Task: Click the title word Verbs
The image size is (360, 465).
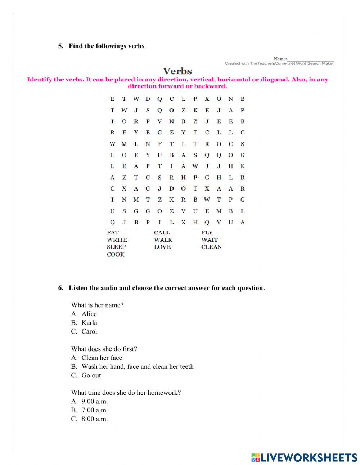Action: click(x=177, y=71)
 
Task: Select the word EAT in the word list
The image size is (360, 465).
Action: click(x=113, y=233)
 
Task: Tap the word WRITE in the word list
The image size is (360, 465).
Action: click(x=117, y=240)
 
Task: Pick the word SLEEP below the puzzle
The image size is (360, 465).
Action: click(x=116, y=247)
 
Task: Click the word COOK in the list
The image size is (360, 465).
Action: click(x=116, y=255)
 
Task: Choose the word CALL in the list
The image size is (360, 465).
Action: click(x=162, y=233)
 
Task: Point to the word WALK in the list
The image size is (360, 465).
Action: click(x=163, y=240)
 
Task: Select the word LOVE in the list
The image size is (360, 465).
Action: click(x=162, y=247)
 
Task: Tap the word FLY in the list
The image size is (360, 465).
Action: click(x=207, y=233)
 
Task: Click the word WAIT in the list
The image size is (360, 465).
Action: click(x=210, y=240)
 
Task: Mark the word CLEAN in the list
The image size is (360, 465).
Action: click(x=211, y=247)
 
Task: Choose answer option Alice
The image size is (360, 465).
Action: click(x=89, y=314)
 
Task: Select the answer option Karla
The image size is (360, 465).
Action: click(x=89, y=323)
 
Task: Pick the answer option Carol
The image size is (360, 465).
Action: click(x=89, y=331)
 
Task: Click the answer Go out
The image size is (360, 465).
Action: click(x=91, y=375)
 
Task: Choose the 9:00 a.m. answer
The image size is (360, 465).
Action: click(x=95, y=401)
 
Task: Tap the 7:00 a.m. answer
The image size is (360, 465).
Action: click(x=95, y=410)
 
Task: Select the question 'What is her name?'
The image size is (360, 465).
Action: click(x=97, y=305)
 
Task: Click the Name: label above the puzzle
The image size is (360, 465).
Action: click(x=280, y=59)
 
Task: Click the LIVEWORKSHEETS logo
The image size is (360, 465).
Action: click(x=304, y=457)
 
